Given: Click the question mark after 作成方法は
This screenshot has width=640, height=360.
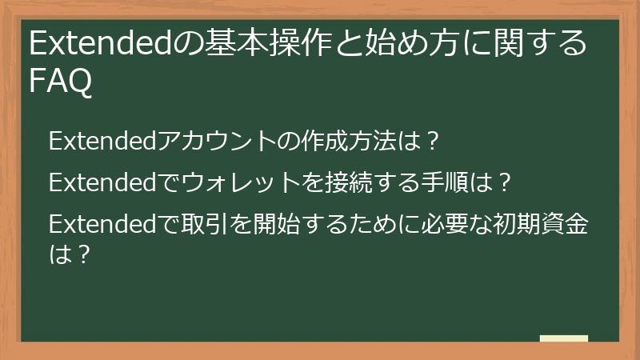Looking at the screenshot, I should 432,142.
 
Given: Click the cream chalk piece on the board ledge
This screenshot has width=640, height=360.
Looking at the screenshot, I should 564,338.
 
